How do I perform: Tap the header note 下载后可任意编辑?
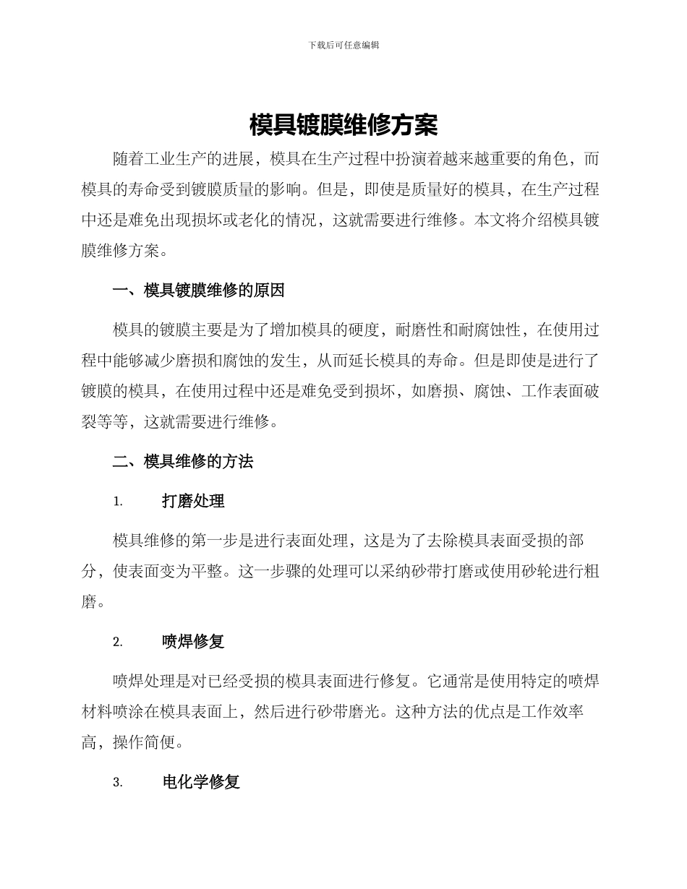coord(343,45)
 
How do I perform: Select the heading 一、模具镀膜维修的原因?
coord(199,291)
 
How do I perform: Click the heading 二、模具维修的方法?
coord(183,461)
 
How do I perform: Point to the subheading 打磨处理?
coord(193,501)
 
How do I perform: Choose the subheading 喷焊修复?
coord(193,642)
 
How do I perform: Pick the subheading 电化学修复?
coord(201,782)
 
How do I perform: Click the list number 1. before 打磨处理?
coord(118,502)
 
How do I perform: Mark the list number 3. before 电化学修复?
coord(118,783)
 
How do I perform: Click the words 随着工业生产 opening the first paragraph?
coord(160,159)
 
